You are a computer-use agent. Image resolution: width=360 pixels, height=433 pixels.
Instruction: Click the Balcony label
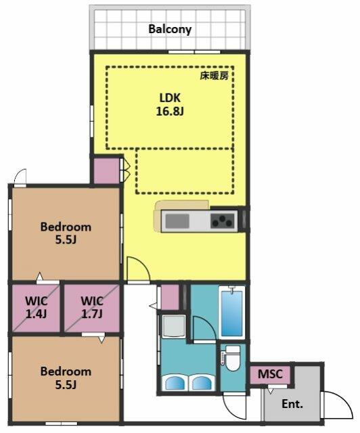click(170, 29)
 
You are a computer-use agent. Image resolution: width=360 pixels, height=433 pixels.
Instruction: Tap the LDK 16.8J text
click(170, 105)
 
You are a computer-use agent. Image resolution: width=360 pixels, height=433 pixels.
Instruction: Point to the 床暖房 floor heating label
click(215, 76)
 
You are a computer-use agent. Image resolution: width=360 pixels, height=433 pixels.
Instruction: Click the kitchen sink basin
click(177, 221)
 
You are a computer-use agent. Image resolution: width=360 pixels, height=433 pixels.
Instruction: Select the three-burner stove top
click(223, 221)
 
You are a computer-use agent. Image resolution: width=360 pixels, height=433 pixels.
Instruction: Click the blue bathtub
click(232, 313)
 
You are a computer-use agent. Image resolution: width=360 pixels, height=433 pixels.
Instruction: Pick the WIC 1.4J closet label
click(36, 307)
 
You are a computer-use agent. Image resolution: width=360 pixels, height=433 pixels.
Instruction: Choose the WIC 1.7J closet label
click(92, 307)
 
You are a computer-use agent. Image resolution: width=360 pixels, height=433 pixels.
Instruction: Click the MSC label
click(270, 374)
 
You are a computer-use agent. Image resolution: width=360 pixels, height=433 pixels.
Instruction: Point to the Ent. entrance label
click(292, 404)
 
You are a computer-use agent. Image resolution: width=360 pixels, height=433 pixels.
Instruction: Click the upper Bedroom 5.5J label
click(66, 233)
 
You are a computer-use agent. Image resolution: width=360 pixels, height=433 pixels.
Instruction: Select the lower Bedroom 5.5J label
click(66, 378)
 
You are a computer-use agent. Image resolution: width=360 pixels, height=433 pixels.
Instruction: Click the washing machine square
click(174, 326)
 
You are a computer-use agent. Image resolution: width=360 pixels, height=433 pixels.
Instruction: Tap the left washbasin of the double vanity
click(175, 383)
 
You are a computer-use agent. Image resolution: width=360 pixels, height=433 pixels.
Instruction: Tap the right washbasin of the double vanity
click(202, 383)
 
